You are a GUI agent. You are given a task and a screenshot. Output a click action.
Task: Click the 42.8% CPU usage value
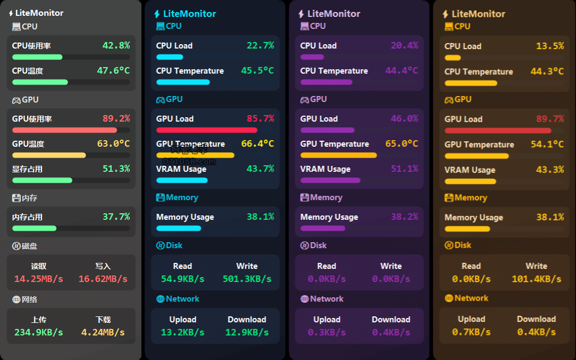point(116,46)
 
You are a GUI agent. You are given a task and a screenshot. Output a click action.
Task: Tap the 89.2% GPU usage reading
point(116,119)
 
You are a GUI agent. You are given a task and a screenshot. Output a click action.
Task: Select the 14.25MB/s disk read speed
point(39,279)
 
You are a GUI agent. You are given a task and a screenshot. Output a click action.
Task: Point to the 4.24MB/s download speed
point(103,332)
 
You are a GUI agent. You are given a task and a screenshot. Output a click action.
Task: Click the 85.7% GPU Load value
point(260,119)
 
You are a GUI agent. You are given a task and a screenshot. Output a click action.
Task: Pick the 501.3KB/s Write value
point(247,279)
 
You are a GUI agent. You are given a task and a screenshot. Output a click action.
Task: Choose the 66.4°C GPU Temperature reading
point(257,144)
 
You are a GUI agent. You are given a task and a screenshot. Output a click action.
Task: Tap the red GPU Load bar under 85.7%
point(207,130)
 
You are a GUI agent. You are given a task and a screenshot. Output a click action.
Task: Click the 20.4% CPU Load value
point(404,46)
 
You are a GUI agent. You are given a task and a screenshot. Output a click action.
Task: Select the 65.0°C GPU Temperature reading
point(401,144)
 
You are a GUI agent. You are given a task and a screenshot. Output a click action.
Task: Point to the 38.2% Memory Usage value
point(404,217)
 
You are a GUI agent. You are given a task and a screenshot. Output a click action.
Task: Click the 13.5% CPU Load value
point(550,46)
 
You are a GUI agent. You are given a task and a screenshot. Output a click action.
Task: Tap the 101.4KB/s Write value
point(536,279)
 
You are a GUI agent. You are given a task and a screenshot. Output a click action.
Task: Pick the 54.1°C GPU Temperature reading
point(547,145)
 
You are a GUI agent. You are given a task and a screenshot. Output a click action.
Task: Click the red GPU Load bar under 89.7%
point(498,131)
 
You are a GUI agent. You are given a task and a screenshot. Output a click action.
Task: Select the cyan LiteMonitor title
point(189,14)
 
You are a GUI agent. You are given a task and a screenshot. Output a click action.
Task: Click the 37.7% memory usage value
point(116,217)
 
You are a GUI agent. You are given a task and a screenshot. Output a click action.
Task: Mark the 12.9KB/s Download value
point(247,332)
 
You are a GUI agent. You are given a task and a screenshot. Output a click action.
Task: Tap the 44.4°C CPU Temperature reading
point(401,71)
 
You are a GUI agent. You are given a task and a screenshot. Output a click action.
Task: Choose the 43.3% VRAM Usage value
point(550,170)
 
